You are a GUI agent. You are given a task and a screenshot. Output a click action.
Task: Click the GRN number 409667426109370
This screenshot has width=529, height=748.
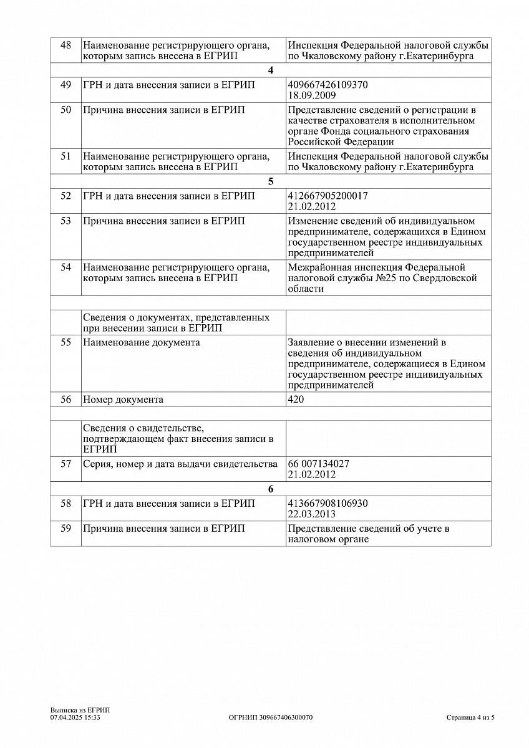click(328, 84)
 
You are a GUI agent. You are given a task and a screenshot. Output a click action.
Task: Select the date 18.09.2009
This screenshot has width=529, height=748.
click(312, 95)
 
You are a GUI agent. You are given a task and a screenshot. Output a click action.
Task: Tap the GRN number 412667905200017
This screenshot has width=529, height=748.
click(328, 196)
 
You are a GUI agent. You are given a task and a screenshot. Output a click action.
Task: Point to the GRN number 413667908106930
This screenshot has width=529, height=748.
click(328, 503)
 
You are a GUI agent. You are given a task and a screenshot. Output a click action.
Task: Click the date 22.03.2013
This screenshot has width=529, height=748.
click(312, 514)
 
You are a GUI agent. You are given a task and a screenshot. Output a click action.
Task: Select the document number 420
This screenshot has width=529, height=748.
click(296, 400)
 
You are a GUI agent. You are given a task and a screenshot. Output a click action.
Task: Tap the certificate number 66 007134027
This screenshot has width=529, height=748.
click(318, 464)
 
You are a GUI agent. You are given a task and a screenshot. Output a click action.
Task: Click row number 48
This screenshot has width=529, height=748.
click(66, 46)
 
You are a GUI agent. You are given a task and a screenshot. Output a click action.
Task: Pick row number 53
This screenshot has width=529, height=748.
click(66, 221)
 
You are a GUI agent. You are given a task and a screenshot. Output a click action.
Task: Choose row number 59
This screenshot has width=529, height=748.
click(66, 529)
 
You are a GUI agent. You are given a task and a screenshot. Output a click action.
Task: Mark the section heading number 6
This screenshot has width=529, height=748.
click(270, 489)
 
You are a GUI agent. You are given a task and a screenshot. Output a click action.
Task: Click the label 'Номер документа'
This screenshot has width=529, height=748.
click(123, 400)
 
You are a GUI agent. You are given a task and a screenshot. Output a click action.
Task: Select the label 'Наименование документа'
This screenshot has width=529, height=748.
click(142, 343)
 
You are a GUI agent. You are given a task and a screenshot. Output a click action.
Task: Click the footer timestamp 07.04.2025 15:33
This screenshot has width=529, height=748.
click(75, 717)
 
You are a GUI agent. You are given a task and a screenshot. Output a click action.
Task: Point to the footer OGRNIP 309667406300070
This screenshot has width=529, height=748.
click(271, 717)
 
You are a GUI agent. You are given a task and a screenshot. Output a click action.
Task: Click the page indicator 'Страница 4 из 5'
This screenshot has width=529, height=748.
click(470, 717)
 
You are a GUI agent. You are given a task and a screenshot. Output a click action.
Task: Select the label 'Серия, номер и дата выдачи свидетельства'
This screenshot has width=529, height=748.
click(180, 464)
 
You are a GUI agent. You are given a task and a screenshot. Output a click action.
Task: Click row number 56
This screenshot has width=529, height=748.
click(66, 400)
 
